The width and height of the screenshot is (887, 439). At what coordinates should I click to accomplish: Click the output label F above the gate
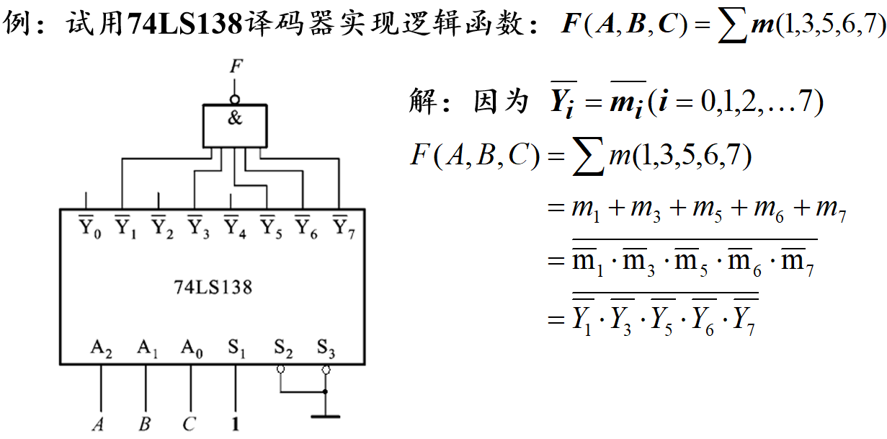pyautogui.click(x=235, y=68)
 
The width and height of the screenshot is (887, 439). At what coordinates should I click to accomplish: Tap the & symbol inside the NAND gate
pyautogui.click(x=235, y=118)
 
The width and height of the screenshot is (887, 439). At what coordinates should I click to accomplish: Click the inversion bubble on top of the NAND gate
pyautogui.click(x=235, y=100)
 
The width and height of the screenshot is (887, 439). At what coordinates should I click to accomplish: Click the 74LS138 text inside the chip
pyautogui.click(x=213, y=288)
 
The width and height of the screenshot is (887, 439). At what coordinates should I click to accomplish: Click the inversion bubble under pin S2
pyautogui.click(x=281, y=369)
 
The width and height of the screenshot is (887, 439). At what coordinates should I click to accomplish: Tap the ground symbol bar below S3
pyautogui.click(x=326, y=416)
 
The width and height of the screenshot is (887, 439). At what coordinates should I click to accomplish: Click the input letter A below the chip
pyautogui.click(x=99, y=425)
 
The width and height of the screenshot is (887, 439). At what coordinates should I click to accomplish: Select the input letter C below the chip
pyautogui.click(x=189, y=425)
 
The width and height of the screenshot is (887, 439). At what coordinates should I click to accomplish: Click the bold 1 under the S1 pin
pyautogui.click(x=235, y=425)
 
